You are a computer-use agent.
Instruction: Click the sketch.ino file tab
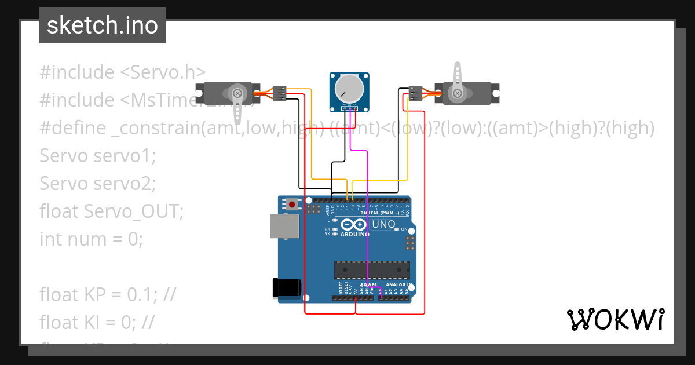pyautogui.click(x=103, y=25)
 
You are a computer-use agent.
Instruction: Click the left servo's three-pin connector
pyautogui.click(x=280, y=93)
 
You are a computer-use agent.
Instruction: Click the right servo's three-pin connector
pyautogui.click(x=415, y=93)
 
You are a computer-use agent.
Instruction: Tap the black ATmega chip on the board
pyautogui.click(x=371, y=269)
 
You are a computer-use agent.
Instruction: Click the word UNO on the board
pyautogui.click(x=383, y=224)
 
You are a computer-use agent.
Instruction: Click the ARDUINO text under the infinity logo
pyautogui.click(x=355, y=235)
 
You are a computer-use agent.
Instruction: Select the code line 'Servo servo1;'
pyautogui.click(x=98, y=156)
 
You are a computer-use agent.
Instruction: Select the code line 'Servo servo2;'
pyautogui.click(x=98, y=184)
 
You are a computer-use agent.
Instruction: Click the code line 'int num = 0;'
pyautogui.click(x=91, y=239)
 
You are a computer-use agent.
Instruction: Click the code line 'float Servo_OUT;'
pyautogui.click(x=111, y=211)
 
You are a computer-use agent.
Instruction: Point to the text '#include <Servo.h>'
pyautogui.click(x=123, y=72)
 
